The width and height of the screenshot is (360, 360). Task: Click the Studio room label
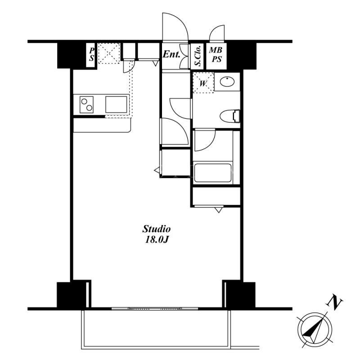(157, 229)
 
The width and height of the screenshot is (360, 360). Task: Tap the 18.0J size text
(157, 240)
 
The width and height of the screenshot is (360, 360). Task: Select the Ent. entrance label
(171, 54)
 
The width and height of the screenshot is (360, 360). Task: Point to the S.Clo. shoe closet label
(198, 55)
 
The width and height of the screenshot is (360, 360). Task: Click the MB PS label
(216, 54)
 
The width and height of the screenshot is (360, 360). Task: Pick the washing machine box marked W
(203, 83)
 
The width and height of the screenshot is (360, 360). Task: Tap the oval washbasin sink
(227, 81)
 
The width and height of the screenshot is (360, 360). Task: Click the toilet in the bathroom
(230, 116)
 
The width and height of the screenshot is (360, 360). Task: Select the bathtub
(212, 173)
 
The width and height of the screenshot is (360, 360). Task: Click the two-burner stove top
(86, 104)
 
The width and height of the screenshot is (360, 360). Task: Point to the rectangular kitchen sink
(116, 104)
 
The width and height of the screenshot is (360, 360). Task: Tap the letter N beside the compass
(334, 303)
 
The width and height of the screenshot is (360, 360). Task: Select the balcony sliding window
(155, 308)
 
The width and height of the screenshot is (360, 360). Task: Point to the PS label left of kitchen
(92, 54)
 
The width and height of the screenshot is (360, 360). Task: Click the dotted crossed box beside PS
(109, 53)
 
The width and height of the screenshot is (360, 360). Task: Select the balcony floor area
(157, 328)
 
